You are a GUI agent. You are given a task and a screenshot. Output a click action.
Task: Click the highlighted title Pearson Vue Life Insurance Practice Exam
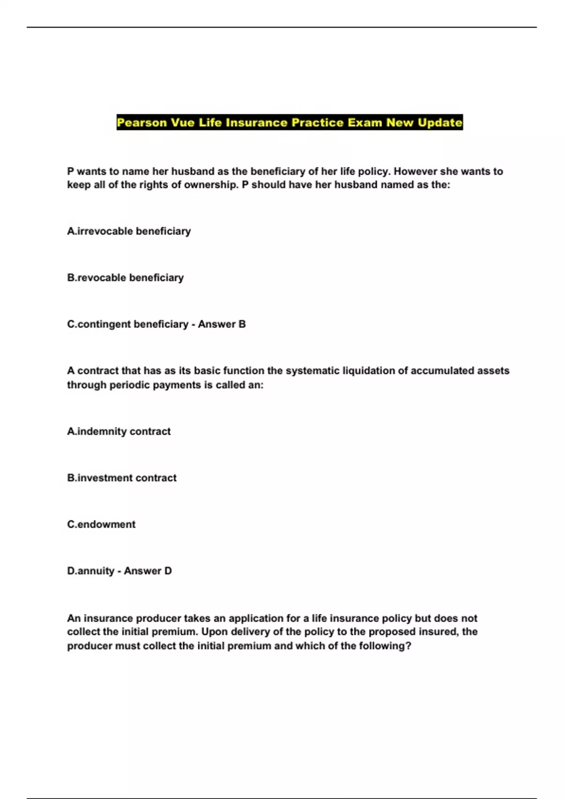(x=290, y=123)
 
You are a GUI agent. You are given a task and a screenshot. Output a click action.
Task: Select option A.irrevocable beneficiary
(x=129, y=231)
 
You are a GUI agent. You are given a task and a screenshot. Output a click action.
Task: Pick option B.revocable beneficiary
(x=125, y=278)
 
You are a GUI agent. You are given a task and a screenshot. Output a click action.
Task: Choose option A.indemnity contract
(x=119, y=431)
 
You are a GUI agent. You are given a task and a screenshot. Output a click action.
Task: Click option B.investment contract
(x=122, y=478)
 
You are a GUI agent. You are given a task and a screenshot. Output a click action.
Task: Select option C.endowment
(x=101, y=525)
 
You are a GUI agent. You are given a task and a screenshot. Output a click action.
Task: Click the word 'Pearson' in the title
(x=142, y=123)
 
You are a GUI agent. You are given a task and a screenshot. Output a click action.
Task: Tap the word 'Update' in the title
(x=440, y=123)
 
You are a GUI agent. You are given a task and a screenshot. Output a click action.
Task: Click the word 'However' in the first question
(x=415, y=172)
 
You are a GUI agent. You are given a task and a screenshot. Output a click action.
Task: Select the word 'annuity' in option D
(x=96, y=571)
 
